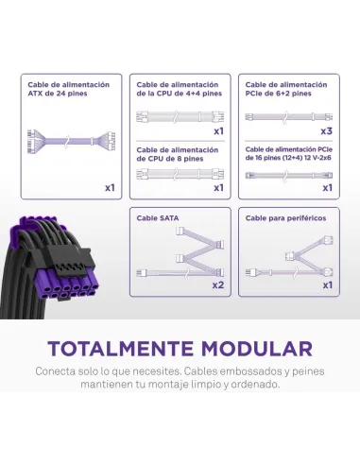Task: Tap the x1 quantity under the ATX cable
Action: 110,188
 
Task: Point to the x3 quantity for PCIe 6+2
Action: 327,130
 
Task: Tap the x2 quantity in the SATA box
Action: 218,284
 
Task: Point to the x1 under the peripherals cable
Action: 327,284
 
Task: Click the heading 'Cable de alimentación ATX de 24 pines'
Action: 68,89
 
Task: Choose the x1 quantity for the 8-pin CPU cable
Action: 218,188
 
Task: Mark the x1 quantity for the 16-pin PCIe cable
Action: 327,188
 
